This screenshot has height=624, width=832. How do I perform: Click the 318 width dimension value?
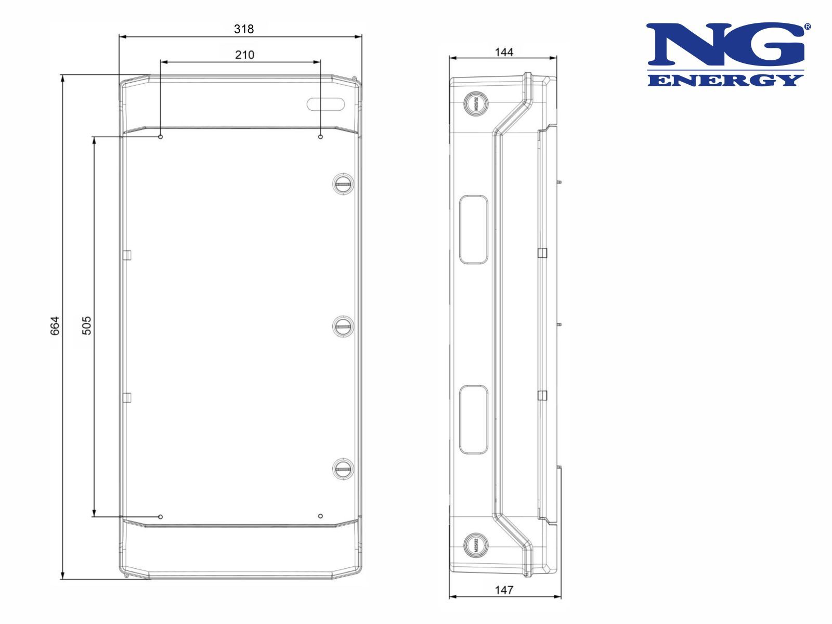pyautogui.click(x=243, y=29)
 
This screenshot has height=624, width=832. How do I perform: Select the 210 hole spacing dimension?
pyautogui.click(x=244, y=55)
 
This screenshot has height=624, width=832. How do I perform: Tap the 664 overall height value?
pyautogui.click(x=55, y=326)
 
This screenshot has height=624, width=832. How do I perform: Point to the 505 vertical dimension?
pyautogui.click(x=86, y=326)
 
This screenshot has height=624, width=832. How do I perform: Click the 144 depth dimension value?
pyautogui.click(x=503, y=52)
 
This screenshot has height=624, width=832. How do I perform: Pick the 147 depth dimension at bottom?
pyautogui.click(x=503, y=590)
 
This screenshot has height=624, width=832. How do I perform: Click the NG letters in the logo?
pyautogui.click(x=726, y=45)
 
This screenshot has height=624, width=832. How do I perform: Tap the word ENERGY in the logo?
pyautogui.click(x=726, y=80)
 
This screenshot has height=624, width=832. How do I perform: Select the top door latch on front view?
pyautogui.click(x=343, y=183)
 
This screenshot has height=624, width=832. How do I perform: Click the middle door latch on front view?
pyautogui.click(x=343, y=326)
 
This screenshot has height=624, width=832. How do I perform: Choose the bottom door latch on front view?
pyautogui.click(x=343, y=469)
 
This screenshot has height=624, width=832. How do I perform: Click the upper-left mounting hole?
pyautogui.click(x=161, y=137)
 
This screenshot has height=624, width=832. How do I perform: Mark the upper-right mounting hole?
pyautogui.click(x=320, y=137)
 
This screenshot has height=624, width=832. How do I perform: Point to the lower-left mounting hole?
pyautogui.click(x=161, y=516)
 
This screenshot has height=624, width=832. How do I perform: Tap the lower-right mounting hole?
pyautogui.click(x=320, y=516)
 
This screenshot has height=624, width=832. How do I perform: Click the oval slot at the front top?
pyautogui.click(x=326, y=104)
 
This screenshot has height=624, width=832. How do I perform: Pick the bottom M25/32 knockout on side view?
pyautogui.click(x=475, y=545)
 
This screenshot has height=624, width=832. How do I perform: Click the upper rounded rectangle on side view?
pyautogui.click(x=474, y=229)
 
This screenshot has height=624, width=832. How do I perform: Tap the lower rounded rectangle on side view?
pyautogui.click(x=474, y=419)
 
